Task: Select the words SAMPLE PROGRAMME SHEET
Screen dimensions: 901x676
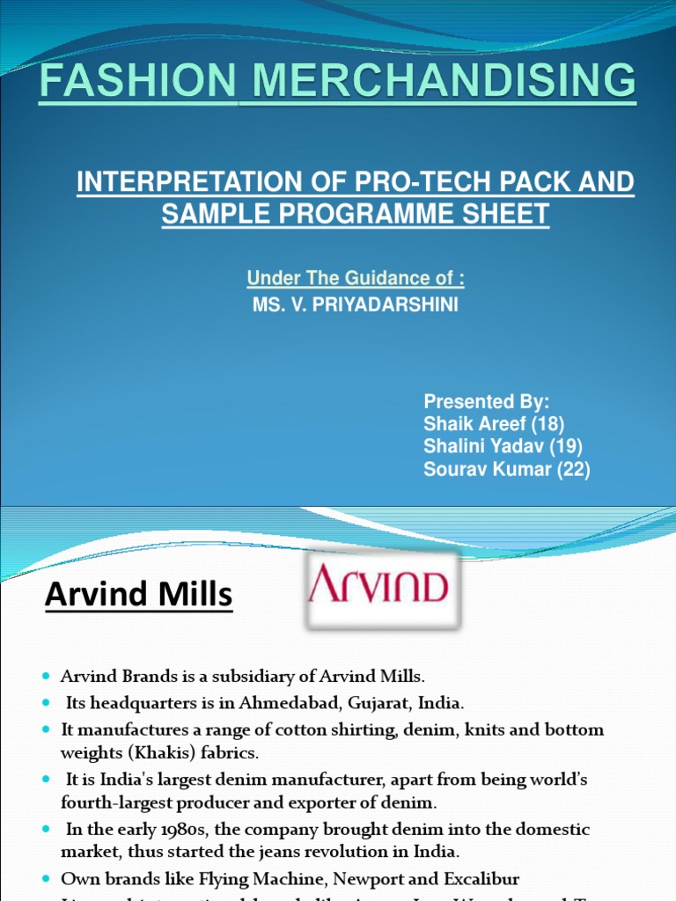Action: pos(356,213)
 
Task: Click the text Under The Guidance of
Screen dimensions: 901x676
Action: pos(355,279)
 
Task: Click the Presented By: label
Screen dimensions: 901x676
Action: pos(486,401)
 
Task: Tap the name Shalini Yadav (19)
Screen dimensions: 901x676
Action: pos(503,447)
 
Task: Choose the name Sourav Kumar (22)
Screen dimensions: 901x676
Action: pos(506,470)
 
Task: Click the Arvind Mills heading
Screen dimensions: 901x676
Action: pos(138,596)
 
